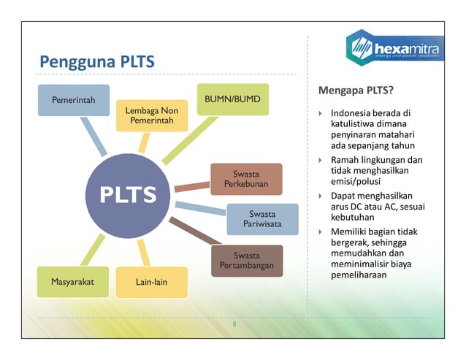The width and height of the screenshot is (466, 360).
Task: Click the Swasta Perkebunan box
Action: tap(246, 179)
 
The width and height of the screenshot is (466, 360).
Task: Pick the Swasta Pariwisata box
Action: tap(262, 219)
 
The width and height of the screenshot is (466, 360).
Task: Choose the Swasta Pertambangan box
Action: tap(246, 261)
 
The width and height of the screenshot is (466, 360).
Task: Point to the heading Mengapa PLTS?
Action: tap(356, 91)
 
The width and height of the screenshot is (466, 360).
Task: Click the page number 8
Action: tap(234, 323)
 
